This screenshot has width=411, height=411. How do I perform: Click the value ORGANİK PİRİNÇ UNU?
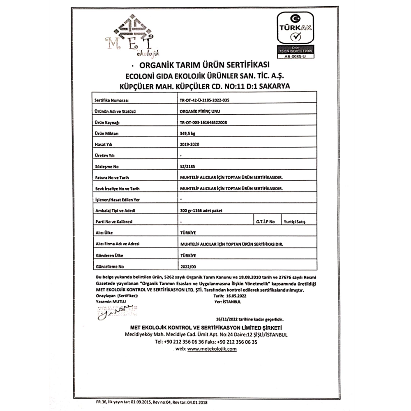point(198,111)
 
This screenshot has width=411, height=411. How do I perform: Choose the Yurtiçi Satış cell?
point(294,222)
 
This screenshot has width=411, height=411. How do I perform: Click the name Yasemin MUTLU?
point(110,301)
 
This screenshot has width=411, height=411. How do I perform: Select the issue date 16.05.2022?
point(236,296)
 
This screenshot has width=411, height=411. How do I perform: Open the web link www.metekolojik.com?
point(212,349)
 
